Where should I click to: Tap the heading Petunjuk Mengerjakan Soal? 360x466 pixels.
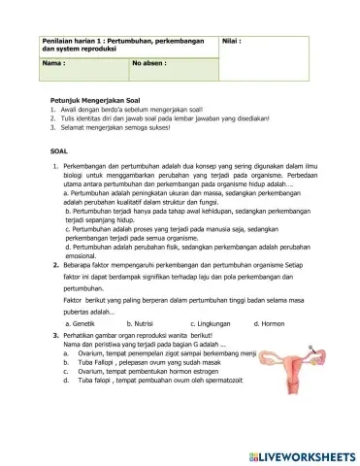click(x=96, y=100)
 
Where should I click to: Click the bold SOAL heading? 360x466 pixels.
click(x=59, y=152)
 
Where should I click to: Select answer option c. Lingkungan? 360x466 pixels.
click(x=213, y=322)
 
